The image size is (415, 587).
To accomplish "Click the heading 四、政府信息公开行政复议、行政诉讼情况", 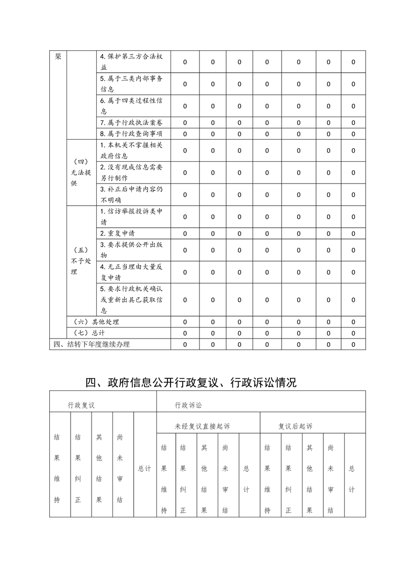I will (x=191, y=383).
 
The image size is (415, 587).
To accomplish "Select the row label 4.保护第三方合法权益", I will (x=131, y=62).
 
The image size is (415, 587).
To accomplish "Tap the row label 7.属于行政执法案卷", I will (x=131, y=122).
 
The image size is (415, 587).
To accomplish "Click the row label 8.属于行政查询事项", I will (x=131, y=134).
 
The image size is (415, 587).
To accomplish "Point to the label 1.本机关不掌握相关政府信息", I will (x=131, y=150).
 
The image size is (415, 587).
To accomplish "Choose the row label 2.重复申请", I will (x=117, y=233).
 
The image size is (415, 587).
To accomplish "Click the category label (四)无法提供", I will (x=81, y=173).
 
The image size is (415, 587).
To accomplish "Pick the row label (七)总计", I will (x=87, y=333).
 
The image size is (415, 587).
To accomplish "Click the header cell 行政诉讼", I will (x=188, y=405).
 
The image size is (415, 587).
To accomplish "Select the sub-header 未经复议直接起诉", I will (x=202, y=426).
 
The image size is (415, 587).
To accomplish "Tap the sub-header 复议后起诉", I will (x=295, y=426).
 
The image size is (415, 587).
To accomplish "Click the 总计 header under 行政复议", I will (x=144, y=469).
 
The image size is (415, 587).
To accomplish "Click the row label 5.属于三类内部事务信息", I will (x=131, y=84).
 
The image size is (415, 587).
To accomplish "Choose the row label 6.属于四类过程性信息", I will (x=131, y=106).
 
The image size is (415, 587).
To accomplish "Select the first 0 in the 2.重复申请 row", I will (x=185, y=233).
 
